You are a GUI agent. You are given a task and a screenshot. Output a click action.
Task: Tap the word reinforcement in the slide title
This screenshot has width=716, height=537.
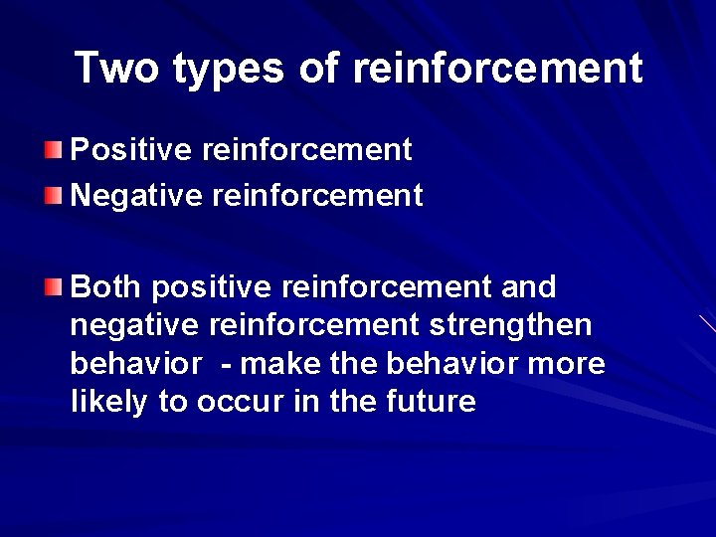[497, 68]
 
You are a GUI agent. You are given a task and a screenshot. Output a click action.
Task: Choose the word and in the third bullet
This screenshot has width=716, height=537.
[528, 287]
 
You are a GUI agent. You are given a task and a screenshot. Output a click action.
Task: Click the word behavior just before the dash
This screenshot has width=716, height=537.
[135, 364]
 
